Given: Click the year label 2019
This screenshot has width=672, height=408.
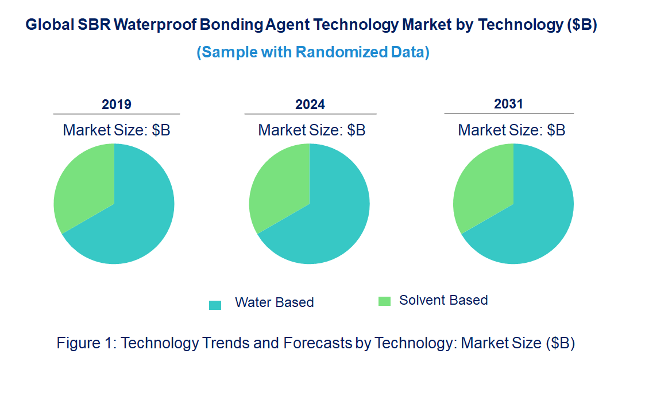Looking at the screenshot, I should point(117,104).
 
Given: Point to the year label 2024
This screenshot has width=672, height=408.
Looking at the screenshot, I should point(310,104).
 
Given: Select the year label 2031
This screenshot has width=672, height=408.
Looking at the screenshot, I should point(509,104).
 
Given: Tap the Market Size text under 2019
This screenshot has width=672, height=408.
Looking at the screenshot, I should point(117,130).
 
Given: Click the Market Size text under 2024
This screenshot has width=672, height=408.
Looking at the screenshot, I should point(312,130).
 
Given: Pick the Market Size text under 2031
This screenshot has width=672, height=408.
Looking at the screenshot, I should point(511,130).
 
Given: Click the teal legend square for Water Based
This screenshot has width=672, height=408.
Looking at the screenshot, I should point(215,305).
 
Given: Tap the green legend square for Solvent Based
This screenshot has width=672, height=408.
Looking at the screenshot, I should point(384,301).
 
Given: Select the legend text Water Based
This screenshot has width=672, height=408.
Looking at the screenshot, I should point(275,302).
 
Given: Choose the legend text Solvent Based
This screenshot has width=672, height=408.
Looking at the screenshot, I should point(443,300).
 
